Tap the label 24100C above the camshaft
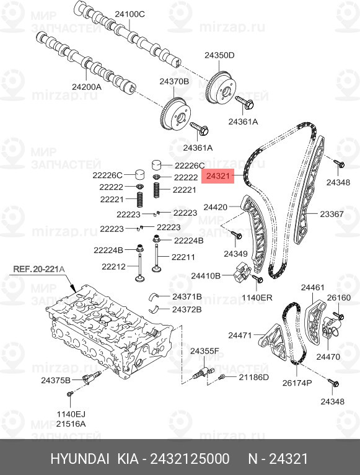coord(130,14)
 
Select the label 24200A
coord(87,87)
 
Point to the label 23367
coord(332,214)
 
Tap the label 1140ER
coord(257,298)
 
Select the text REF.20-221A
coord(39,269)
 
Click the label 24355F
coord(204,351)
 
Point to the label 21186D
coord(253,377)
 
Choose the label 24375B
coord(56,380)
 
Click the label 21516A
coord(71,424)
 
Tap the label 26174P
coord(297,383)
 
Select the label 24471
coord(240,335)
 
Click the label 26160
coord(339,298)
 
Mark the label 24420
coord(215,207)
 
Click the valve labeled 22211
coord(157,257)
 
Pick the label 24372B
coord(187,309)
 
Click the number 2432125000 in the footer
coord(190,459)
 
